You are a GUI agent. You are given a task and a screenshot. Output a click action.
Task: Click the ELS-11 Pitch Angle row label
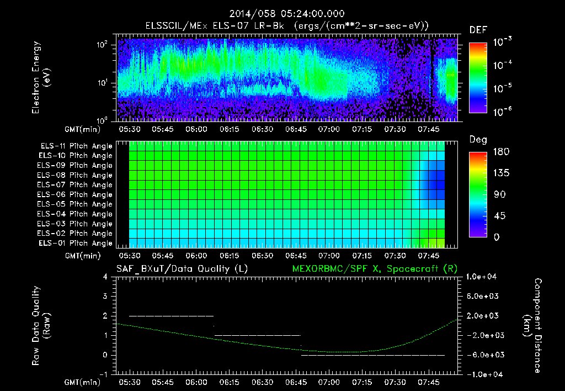click(74, 146)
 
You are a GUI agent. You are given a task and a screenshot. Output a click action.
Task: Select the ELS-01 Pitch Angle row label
click(74, 243)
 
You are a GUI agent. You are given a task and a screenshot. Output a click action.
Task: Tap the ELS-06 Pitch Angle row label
click(74, 194)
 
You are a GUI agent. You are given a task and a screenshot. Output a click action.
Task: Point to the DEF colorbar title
click(477, 30)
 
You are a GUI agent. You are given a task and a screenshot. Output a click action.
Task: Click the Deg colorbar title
click(477, 140)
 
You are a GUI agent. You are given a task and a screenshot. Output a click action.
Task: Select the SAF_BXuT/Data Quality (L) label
click(182, 268)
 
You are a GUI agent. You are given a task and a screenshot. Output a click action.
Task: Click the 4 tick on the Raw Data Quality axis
click(108, 277)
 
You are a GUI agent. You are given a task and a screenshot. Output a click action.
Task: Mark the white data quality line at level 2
click(171, 316)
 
